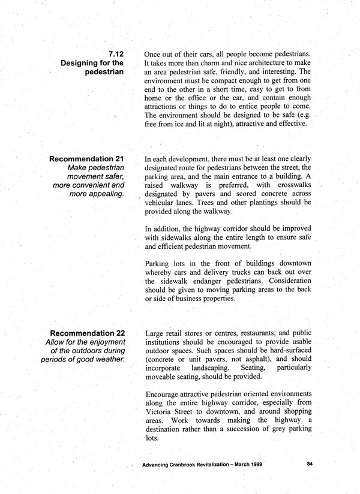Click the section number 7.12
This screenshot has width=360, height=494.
[115, 53]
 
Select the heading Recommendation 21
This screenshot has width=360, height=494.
[87, 159]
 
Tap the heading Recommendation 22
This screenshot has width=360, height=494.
[87, 333]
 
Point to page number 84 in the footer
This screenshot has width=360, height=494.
[310, 464]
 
